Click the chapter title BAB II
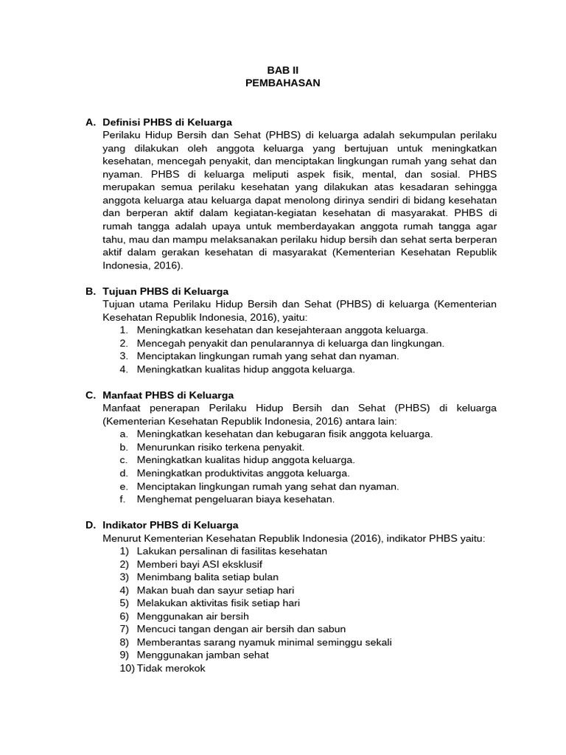tap(283, 70)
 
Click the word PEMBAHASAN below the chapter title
tap(283, 83)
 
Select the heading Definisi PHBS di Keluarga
tap(167, 122)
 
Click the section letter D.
tap(90, 525)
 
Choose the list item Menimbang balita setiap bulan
tap(207, 577)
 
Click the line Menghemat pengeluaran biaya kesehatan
tap(235, 499)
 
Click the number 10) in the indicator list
tap(126, 668)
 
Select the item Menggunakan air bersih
tap(192, 616)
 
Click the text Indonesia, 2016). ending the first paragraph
tap(143, 265)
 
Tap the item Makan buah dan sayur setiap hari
tap(215, 590)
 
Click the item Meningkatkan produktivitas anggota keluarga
tap(243, 473)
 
